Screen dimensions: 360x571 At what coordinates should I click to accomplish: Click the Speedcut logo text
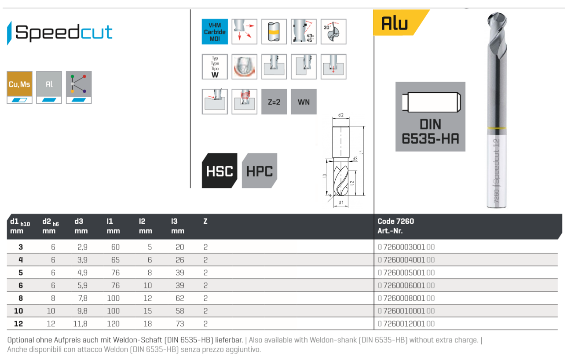[x=64, y=33]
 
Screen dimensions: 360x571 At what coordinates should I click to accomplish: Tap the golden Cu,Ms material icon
[x=20, y=84]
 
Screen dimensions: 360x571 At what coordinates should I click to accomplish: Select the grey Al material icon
[x=49, y=84]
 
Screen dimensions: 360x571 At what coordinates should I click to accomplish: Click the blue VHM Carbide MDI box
[x=215, y=32]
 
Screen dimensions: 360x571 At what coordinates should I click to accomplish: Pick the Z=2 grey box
[x=274, y=102]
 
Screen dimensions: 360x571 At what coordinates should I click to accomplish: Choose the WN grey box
[x=304, y=102]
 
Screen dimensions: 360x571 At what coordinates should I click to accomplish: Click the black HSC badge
[x=219, y=171]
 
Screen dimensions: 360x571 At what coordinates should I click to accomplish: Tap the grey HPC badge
[x=260, y=171]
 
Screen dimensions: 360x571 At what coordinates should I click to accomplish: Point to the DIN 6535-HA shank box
[x=430, y=116]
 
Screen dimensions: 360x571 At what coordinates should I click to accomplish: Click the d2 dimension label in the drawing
[x=341, y=116]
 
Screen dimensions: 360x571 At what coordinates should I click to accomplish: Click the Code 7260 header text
[x=396, y=222]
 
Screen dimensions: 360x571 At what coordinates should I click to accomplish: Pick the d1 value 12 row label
[x=18, y=324]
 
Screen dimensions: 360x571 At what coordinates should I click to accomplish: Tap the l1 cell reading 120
[x=113, y=324]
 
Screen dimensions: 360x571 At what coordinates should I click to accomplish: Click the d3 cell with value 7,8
[x=81, y=298]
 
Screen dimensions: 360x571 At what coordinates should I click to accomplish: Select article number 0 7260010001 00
[x=406, y=311]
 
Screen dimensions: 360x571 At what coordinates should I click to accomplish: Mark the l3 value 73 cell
[x=179, y=324]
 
